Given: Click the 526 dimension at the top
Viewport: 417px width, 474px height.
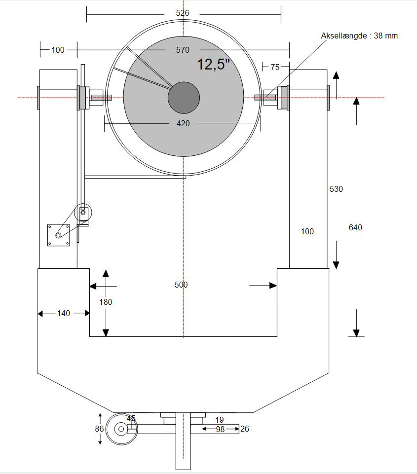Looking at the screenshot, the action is [x=182, y=13].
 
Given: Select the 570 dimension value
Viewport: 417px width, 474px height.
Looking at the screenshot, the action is [x=183, y=50].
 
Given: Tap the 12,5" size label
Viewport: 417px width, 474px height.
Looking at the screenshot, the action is [x=214, y=65].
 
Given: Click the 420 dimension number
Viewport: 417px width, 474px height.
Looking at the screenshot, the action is [x=183, y=123].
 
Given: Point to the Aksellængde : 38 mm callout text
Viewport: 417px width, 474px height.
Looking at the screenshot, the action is [x=359, y=36].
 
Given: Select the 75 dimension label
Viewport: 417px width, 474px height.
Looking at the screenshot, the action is [x=275, y=67].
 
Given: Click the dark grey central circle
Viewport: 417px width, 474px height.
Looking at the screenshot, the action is [x=184, y=98].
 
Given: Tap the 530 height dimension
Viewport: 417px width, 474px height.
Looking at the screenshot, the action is [x=336, y=189].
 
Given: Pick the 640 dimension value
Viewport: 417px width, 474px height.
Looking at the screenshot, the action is [x=355, y=227].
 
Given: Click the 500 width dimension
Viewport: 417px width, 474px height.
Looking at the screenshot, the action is [x=181, y=285].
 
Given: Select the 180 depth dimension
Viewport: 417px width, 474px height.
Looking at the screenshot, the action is [x=106, y=302].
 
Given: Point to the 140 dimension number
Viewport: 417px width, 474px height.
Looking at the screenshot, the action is [x=64, y=314].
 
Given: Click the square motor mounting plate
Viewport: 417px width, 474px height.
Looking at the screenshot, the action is [x=59, y=235].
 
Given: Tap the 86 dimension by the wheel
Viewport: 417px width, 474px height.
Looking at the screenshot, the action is [x=99, y=429].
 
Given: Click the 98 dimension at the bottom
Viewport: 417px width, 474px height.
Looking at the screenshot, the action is [x=220, y=429].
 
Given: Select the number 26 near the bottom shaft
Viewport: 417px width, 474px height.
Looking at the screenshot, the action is [x=245, y=429].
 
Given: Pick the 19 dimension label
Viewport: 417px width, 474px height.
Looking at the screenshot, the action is [x=220, y=420].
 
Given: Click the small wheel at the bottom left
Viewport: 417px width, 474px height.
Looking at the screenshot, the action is [x=121, y=429].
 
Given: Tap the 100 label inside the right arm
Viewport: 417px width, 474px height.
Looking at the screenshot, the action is [x=307, y=231].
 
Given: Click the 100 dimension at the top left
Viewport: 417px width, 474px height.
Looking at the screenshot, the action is [x=58, y=50].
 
